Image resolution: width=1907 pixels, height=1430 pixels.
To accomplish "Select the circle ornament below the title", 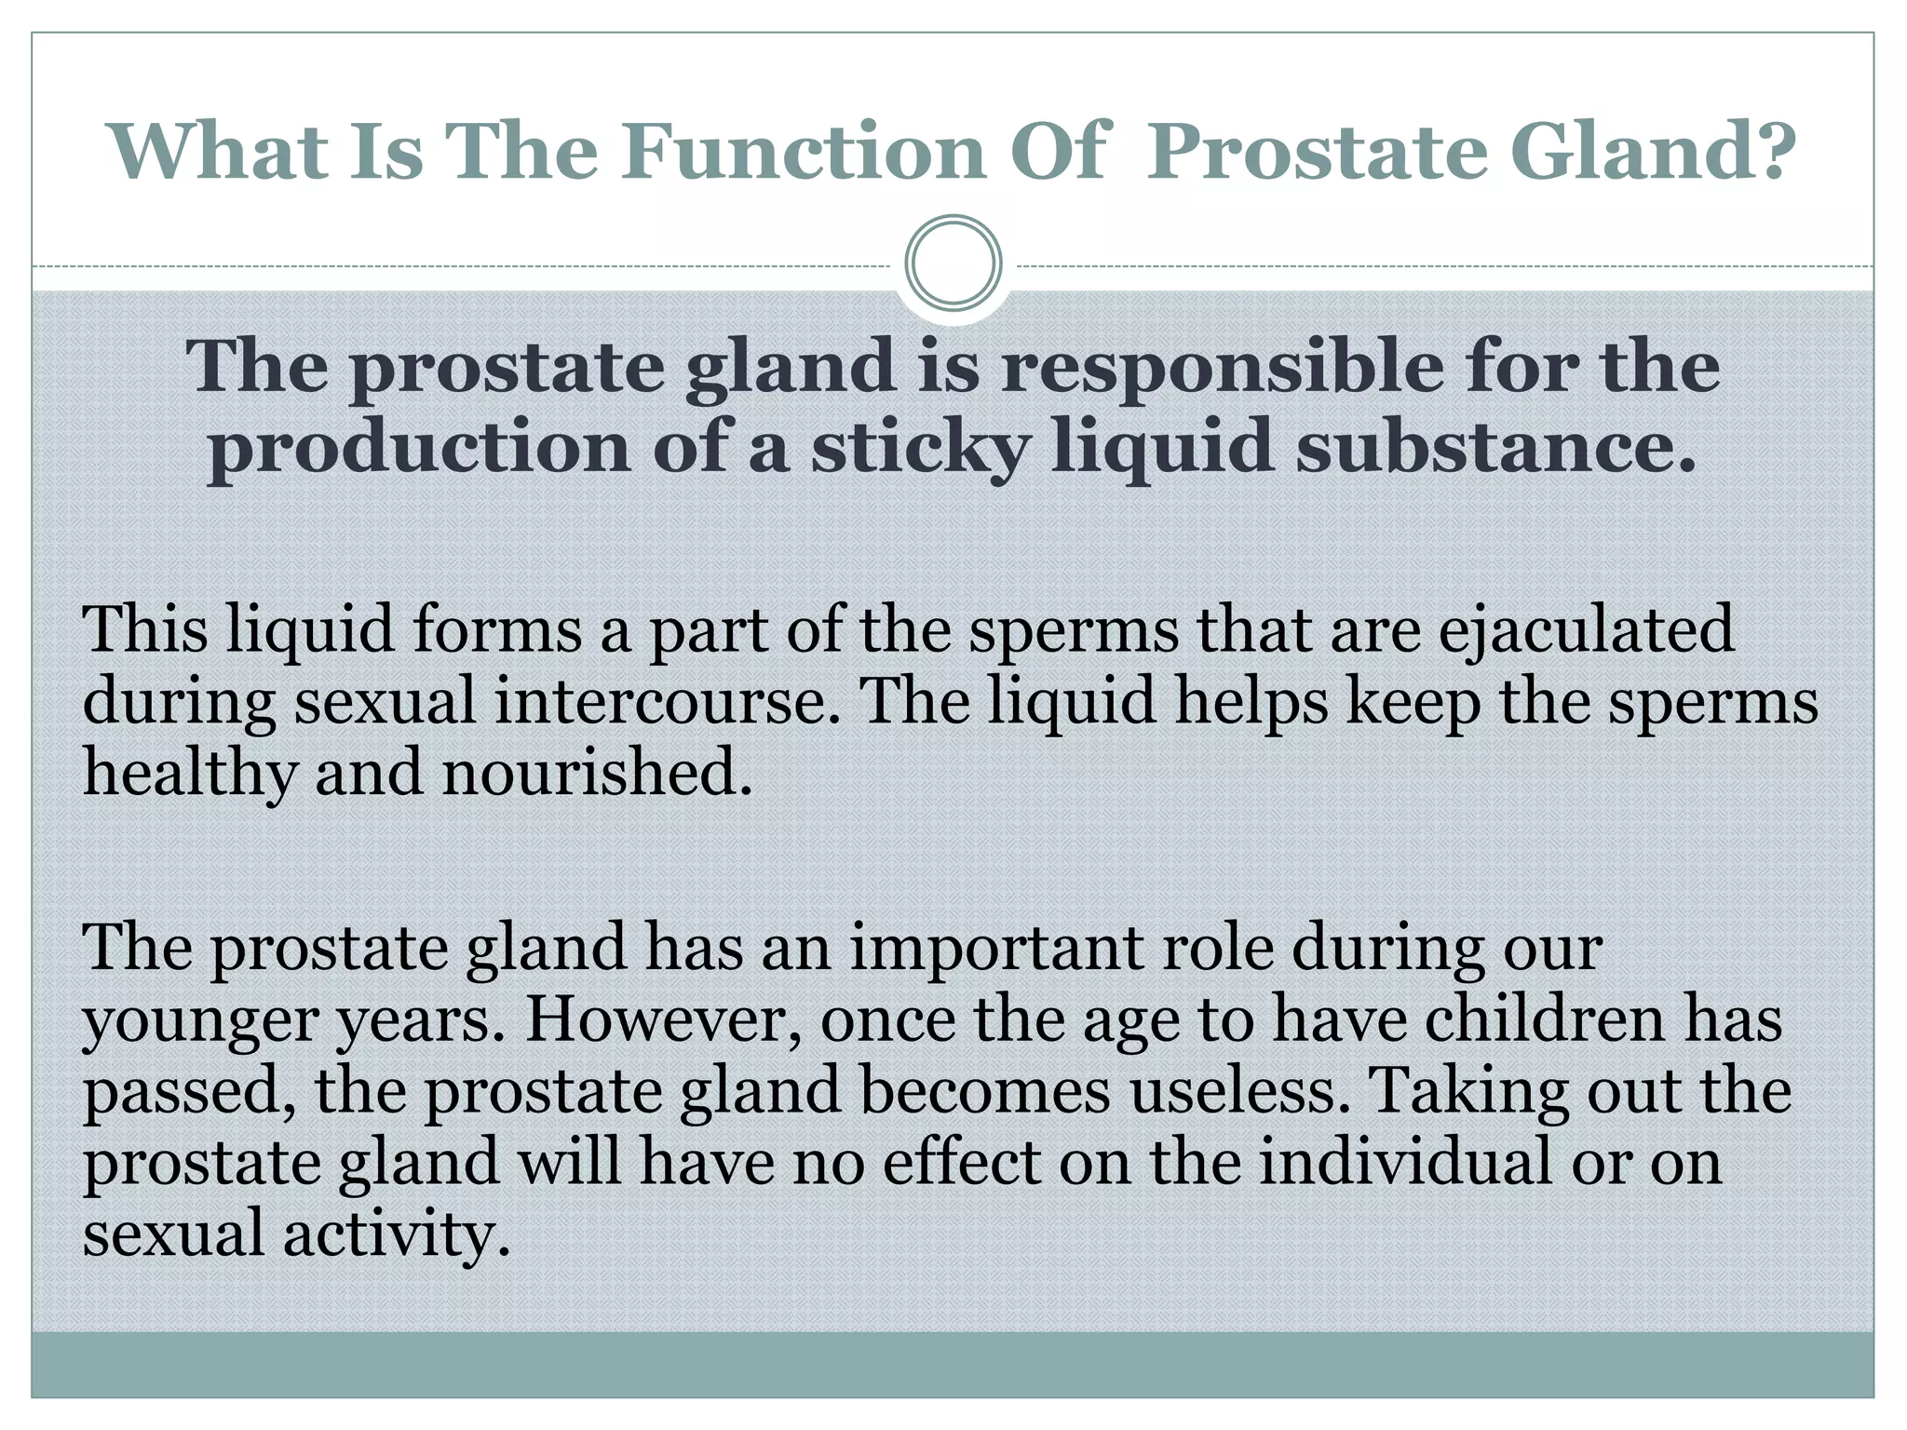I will [953, 263].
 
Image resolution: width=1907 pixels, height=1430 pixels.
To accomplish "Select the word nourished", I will [596, 773].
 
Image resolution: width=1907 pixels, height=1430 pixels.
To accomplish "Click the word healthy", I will [189, 775].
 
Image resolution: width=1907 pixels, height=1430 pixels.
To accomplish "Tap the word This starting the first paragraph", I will [144, 630].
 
